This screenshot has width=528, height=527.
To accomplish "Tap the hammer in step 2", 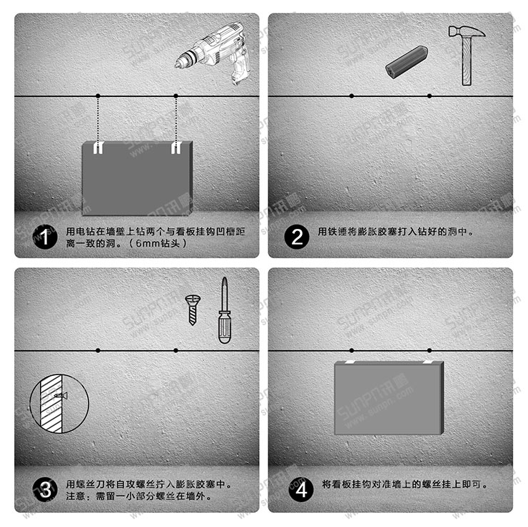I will tap(467, 53).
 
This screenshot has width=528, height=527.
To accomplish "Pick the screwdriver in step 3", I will tap(224, 312).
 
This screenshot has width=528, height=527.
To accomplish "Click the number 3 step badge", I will tap(44, 489).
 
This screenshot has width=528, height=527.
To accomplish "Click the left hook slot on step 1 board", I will tap(99, 147).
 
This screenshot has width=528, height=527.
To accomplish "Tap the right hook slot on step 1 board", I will tap(176, 147).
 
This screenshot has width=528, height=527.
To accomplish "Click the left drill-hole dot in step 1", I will tap(98, 96).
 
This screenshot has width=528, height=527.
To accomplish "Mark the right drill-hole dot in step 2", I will tap(430, 96).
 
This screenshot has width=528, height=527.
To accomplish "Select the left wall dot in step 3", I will tap(98, 350).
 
